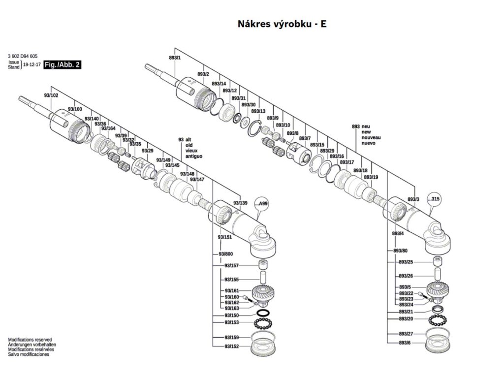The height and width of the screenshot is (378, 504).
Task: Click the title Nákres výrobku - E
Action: pos(282,24)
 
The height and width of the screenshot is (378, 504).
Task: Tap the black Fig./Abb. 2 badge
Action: pos(62,64)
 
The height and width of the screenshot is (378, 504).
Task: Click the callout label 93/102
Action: pos(51,95)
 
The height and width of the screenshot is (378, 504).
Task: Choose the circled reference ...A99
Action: pos(263,203)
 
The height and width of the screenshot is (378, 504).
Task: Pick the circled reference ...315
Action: pos(434,199)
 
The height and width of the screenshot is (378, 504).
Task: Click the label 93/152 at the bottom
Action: pos(231,346)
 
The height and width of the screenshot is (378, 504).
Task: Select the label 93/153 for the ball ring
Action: pos(231,322)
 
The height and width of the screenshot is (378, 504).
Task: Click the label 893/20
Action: pos(406,319)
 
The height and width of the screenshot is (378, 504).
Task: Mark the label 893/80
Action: pos(400,251)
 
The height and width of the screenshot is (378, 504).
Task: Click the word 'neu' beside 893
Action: pos(367,126)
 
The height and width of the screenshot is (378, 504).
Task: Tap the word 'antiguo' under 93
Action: pos(193,156)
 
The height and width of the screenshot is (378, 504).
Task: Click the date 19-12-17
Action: pos(32,64)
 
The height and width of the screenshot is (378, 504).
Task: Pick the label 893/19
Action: pos(371,177)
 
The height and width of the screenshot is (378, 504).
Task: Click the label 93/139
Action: pos(240,203)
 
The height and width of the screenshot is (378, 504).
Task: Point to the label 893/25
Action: pos(406,262)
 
